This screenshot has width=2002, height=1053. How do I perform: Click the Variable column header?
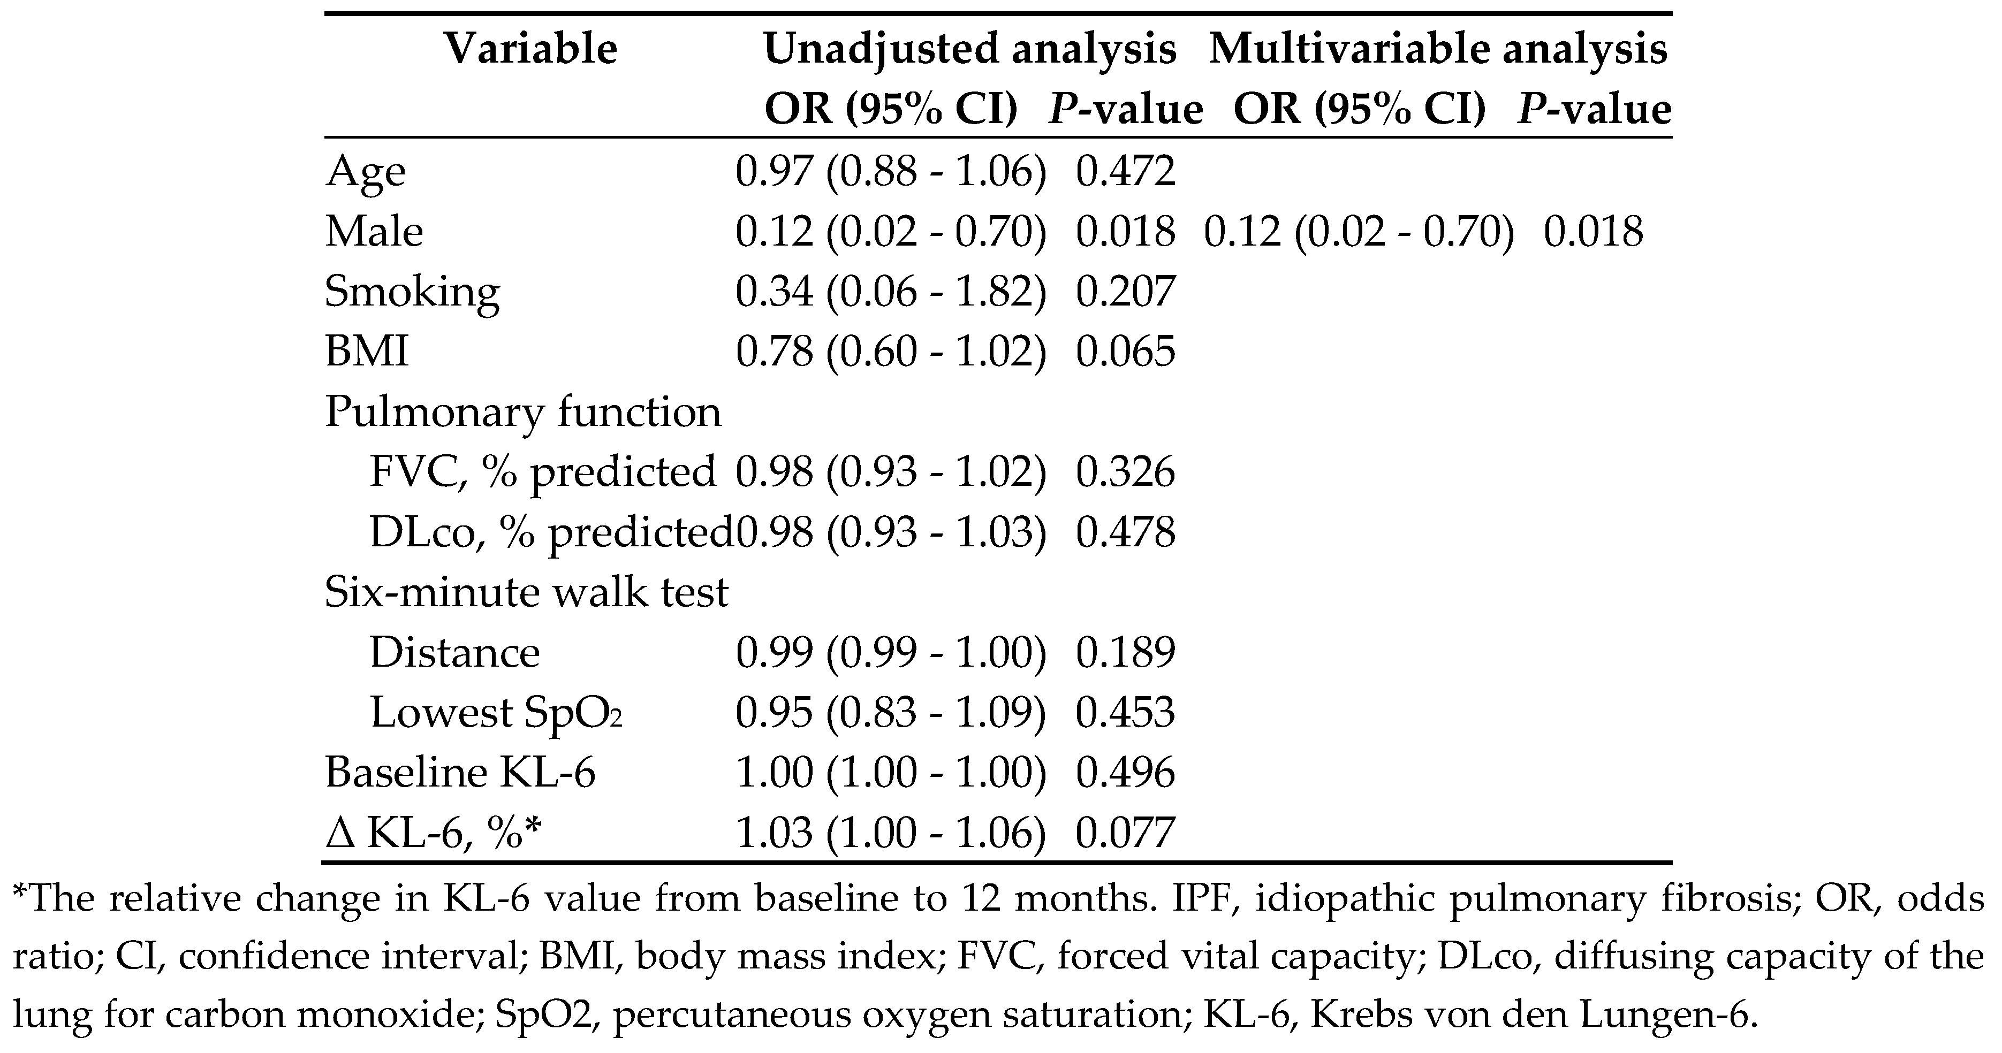pos(531,49)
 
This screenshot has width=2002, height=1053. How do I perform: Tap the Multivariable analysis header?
pos(1438,49)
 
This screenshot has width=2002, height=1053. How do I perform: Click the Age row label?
pos(365,171)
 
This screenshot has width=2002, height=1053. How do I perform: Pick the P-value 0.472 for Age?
pos(1125,171)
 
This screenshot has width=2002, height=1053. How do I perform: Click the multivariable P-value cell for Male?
pos(1593,232)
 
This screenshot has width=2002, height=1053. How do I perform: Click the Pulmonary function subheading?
pos(523,412)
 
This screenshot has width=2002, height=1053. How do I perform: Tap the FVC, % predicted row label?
pos(542,472)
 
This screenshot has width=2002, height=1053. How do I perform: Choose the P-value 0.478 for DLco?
pos(1125,532)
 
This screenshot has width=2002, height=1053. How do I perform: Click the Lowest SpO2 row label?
pos(496,713)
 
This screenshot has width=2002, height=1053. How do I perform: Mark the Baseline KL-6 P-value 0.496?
pos(1125,773)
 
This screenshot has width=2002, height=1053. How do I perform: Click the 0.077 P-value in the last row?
pos(1125,833)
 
